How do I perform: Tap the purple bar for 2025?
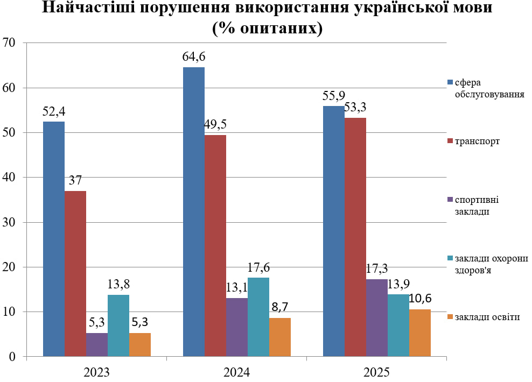click(x=377, y=317)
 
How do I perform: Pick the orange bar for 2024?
click(x=280, y=337)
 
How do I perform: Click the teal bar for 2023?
click(x=118, y=325)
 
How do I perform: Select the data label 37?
click(x=75, y=181)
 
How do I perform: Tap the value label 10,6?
click(x=421, y=299)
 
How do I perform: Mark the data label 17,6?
click(x=258, y=267)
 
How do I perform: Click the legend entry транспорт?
click(x=477, y=142)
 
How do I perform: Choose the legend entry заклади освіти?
click(x=487, y=316)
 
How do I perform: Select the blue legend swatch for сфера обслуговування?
click(x=451, y=83)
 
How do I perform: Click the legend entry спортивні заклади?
click(x=476, y=205)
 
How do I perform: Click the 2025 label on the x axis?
click(x=376, y=372)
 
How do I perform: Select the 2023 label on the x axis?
click(x=97, y=372)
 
